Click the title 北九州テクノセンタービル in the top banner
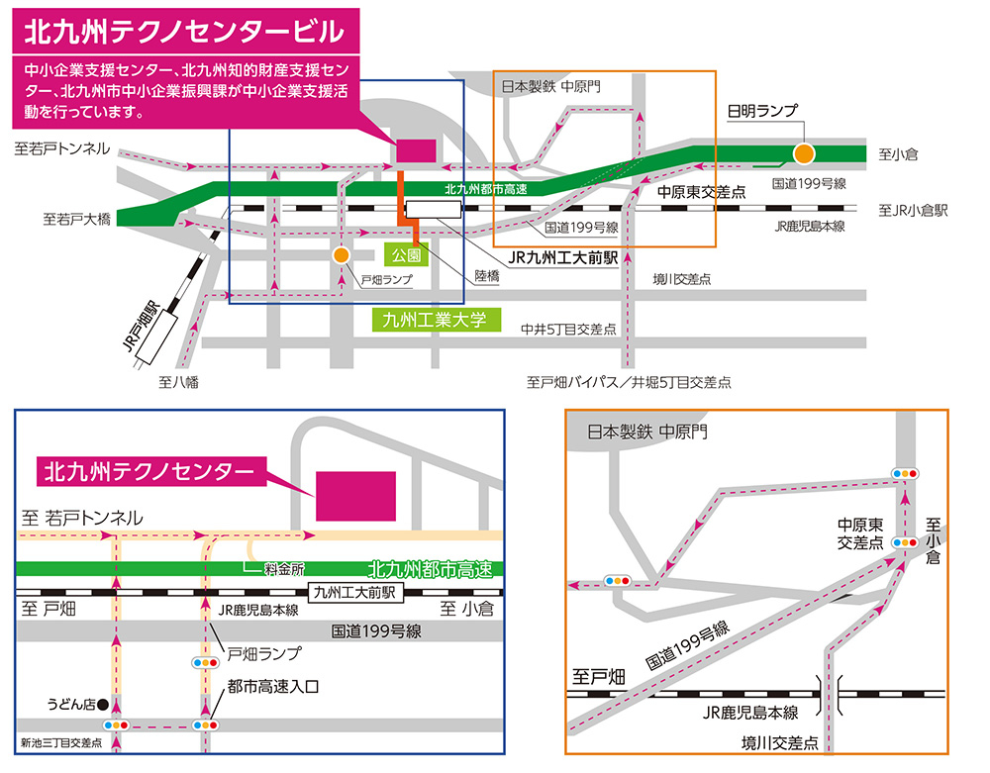pyautogui.click(x=184, y=31)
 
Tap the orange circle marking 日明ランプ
pyautogui.click(x=804, y=153)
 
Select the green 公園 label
pyautogui.click(x=406, y=253)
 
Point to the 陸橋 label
pyautogui.click(x=486, y=278)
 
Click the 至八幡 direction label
pyautogui.click(x=178, y=381)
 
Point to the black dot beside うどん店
pyautogui.click(x=102, y=705)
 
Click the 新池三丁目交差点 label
pyautogui.click(x=61, y=742)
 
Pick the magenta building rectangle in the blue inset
pyautogui.click(x=355, y=495)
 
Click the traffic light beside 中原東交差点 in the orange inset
pyautogui.click(x=904, y=542)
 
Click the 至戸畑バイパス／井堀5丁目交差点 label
pyautogui.click(x=629, y=381)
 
